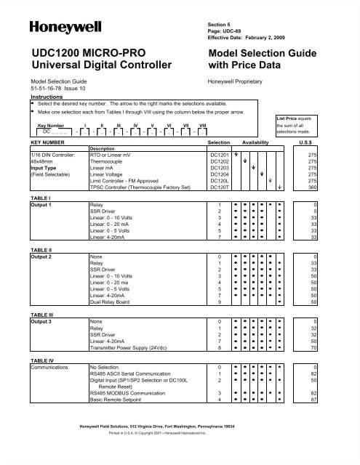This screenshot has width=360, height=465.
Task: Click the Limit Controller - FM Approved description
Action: [134, 180]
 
